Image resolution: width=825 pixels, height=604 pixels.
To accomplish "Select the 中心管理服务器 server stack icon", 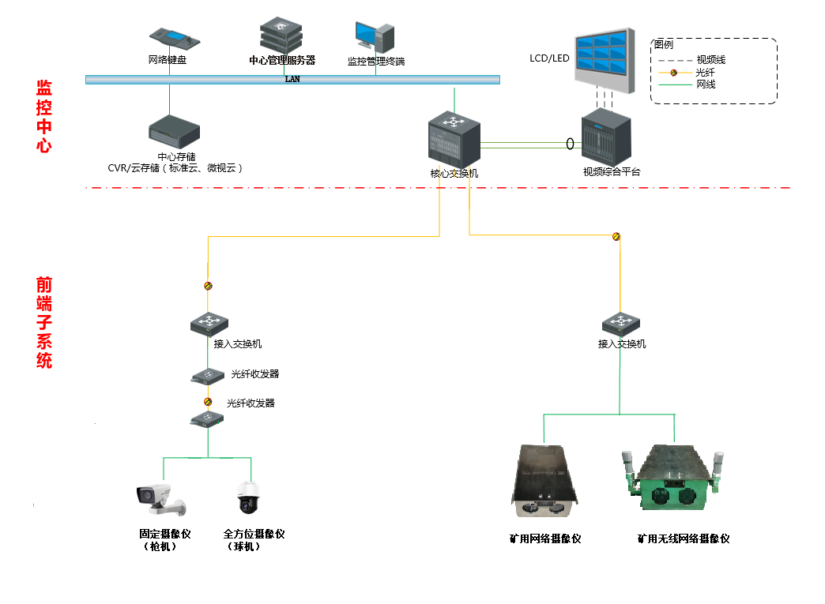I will click(x=281, y=34).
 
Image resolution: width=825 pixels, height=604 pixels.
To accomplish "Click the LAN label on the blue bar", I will click(x=292, y=79).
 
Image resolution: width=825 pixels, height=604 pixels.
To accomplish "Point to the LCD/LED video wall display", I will click(x=604, y=60).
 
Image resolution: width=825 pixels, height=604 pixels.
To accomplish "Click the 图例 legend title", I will click(x=663, y=44).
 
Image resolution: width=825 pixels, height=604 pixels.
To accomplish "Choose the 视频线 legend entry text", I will click(x=710, y=60).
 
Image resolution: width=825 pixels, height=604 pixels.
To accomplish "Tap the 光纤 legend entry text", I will click(x=705, y=73).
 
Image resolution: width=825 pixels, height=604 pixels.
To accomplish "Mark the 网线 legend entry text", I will click(x=706, y=84).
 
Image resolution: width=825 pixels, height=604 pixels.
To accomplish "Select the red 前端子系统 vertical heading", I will click(x=44, y=322).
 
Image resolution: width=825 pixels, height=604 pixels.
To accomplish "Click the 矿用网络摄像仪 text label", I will click(x=545, y=538).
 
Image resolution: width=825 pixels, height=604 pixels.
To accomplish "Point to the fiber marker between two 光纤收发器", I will click(x=208, y=401).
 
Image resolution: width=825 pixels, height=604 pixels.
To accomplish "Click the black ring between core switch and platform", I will click(x=569, y=144).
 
